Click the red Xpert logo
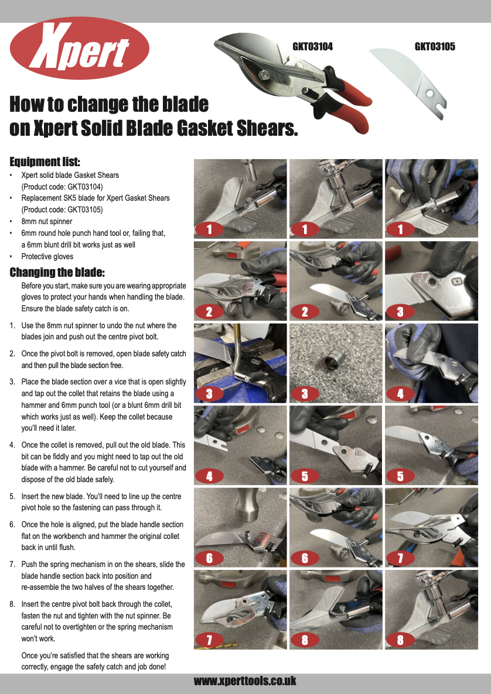click(80, 49)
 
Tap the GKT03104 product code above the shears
click(312, 47)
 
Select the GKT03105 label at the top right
click(435, 47)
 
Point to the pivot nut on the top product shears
click(264, 75)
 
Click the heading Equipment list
click(45, 162)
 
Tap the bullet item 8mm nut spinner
click(47, 221)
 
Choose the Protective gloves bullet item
click(47, 256)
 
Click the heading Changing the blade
click(57, 272)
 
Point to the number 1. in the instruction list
click(12, 325)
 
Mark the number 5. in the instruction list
click(12, 496)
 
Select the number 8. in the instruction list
click(12, 603)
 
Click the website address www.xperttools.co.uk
click(245, 681)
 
